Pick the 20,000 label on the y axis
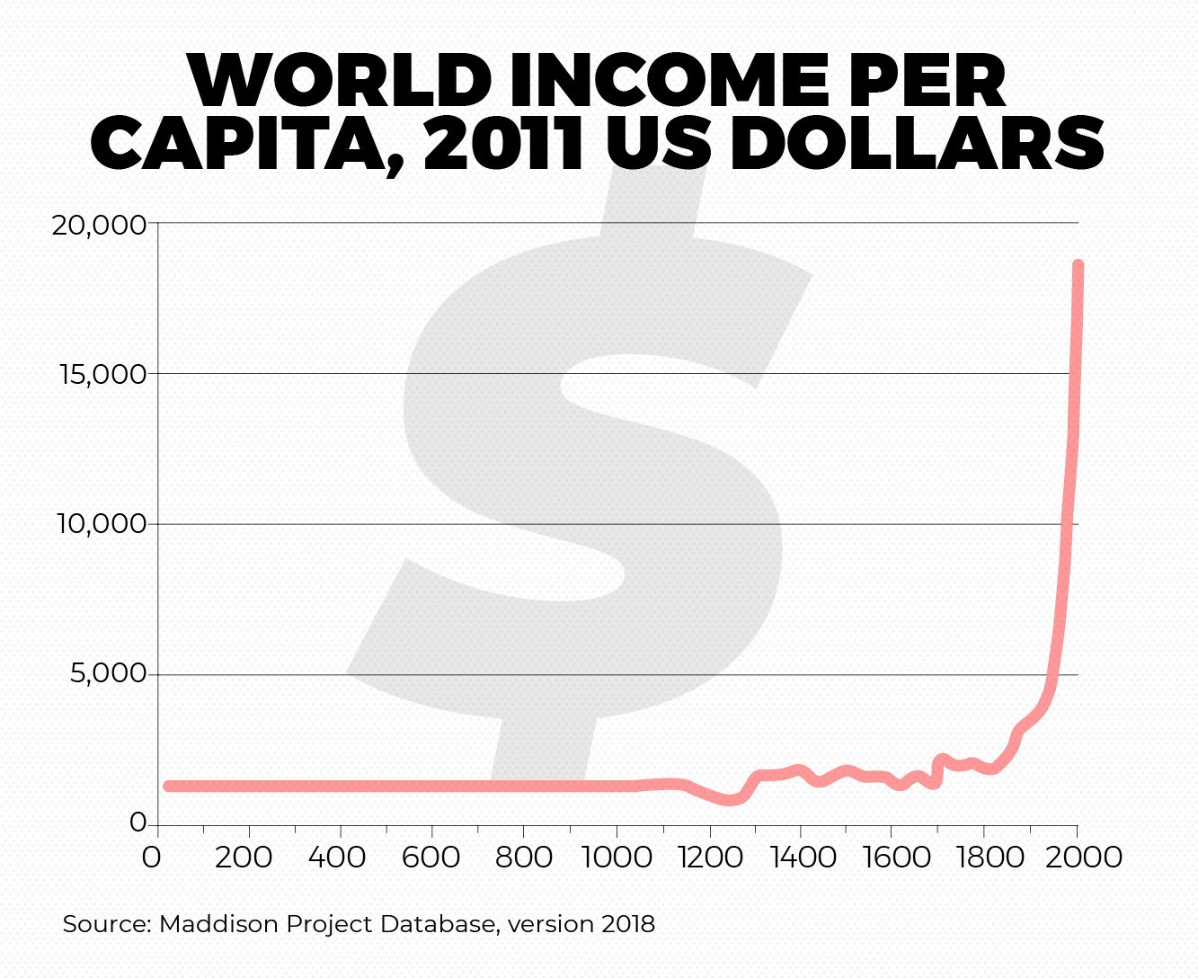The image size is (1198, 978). (100, 224)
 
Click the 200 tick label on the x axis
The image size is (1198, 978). (244, 857)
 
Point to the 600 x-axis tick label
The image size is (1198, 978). (431, 857)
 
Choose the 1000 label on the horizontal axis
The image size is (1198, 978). (617, 857)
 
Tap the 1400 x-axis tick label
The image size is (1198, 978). (802, 857)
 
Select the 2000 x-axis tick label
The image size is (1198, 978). (1082, 857)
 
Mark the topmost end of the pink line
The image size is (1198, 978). (1078, 266)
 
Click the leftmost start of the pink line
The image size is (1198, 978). (168, 786)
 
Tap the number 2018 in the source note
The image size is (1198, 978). (628, 924)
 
